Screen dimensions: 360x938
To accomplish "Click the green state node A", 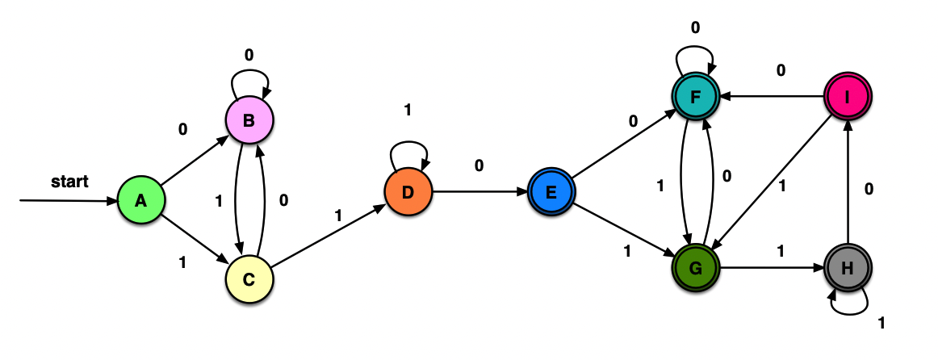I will point(140,201).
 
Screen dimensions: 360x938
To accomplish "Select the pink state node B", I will point(249,121).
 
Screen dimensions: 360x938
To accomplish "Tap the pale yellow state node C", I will point(249,279).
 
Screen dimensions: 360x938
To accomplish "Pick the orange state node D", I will point(408,192).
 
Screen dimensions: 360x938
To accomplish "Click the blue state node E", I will point(551,192).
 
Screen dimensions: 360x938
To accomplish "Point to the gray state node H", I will point(847,266).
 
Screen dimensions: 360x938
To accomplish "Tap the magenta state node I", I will point(847,97).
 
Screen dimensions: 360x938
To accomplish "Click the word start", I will point(69,181).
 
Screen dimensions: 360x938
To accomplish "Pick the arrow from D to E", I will point(479,192).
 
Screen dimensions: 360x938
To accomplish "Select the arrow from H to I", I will point(847,182).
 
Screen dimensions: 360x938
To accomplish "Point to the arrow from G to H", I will point(771,265).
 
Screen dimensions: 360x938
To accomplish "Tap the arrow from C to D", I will point(328,236).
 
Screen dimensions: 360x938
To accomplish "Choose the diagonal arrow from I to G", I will point(771,180).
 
